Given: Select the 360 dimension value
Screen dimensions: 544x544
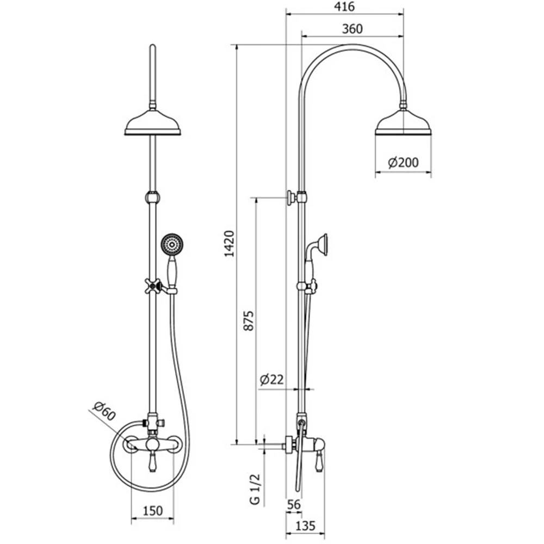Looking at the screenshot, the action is pyautogui.click(x=352, y=29).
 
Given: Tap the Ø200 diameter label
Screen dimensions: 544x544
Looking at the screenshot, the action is pyautogui.click(x=403, y=162).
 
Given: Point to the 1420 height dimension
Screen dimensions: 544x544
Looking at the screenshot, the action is pyautogui.click(x=230, y=244).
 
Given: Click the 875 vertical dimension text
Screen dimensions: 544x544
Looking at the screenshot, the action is pyautogui.click(x=249, y=321).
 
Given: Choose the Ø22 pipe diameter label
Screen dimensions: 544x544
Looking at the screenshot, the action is pyautogui.click(x=271, y=379).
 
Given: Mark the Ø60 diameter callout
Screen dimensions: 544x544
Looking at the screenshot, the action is pyautogui.click(x=104, y=410).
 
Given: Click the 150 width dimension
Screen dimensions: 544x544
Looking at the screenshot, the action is pyautogui.click(x=153, y=511).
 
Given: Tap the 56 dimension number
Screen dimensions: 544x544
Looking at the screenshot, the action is pyautogui.click(x=294, y=504).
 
